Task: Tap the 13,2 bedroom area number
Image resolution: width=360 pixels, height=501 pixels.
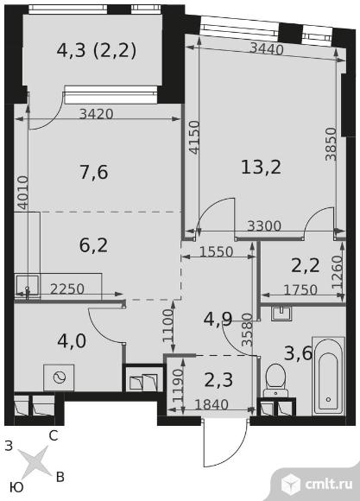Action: [x=261, y=168]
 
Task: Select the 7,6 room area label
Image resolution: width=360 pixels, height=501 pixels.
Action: [x=93, y=172]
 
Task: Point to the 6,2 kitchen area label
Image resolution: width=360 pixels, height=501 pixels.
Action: [x=93, y=245]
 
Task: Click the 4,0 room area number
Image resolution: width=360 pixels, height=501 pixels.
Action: [x=72, y=340]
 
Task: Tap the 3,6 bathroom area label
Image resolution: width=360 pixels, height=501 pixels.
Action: [x=298, y=353]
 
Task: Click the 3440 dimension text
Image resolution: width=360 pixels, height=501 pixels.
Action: [x=267, y=49]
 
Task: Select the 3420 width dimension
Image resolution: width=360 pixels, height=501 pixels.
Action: [x=96, y=114]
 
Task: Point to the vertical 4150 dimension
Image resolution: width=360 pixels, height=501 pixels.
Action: [x=193, y=137]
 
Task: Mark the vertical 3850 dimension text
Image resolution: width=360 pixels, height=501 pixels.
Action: [x=331, y=144]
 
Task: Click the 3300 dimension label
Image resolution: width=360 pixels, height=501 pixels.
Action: [x=264, y=226]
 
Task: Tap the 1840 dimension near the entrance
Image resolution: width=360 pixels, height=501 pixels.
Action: [x=212, y=405]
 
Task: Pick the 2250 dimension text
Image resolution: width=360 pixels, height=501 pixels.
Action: [x=67, y=289]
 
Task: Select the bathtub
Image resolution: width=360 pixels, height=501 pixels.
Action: [x=328, y=376]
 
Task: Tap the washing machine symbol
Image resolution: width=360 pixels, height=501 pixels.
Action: [x=59, y=377]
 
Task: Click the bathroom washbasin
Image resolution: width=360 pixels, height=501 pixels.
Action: [x=281, y=313]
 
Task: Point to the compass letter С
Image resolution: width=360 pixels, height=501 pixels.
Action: [x=53, y=436]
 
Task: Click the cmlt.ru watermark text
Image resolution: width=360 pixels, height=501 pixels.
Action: [x=329, y=484]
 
